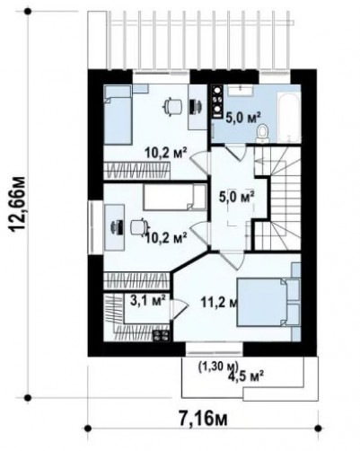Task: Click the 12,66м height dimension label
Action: click(x=18, y=204)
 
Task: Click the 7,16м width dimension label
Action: click(x=204, y=419)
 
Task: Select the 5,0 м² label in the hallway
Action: click(x=236, y=197)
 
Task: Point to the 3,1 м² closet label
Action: click(x=148, y=300)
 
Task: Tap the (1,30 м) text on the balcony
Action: click(x=218, y=366)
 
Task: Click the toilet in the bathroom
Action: click(x=263, y=134)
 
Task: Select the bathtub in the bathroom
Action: click(x=288, y=118)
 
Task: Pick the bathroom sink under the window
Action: click(x=240, y=90)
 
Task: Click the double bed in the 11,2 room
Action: click(x=268, y=302)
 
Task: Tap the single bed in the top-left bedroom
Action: click(x=118, y=115)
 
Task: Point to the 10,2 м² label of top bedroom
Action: click(x=166, y=153)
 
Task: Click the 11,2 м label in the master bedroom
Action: click(x=219, y=303)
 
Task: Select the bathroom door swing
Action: click(x=235, y=152)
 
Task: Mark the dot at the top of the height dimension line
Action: click(x=28, y=12)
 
